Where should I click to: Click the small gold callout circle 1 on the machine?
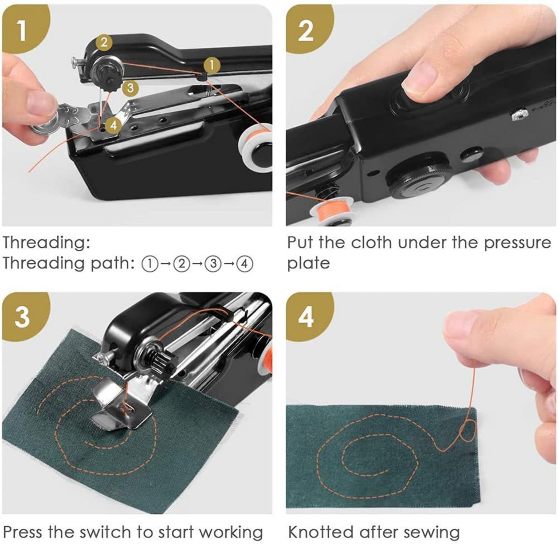(x=212, y=66)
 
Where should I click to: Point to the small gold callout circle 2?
(x=104, y=43)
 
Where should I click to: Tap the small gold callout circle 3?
(x=130, y=88)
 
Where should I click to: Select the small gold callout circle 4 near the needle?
(x=113, y=126)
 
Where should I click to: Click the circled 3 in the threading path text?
(x=213, y=264)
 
